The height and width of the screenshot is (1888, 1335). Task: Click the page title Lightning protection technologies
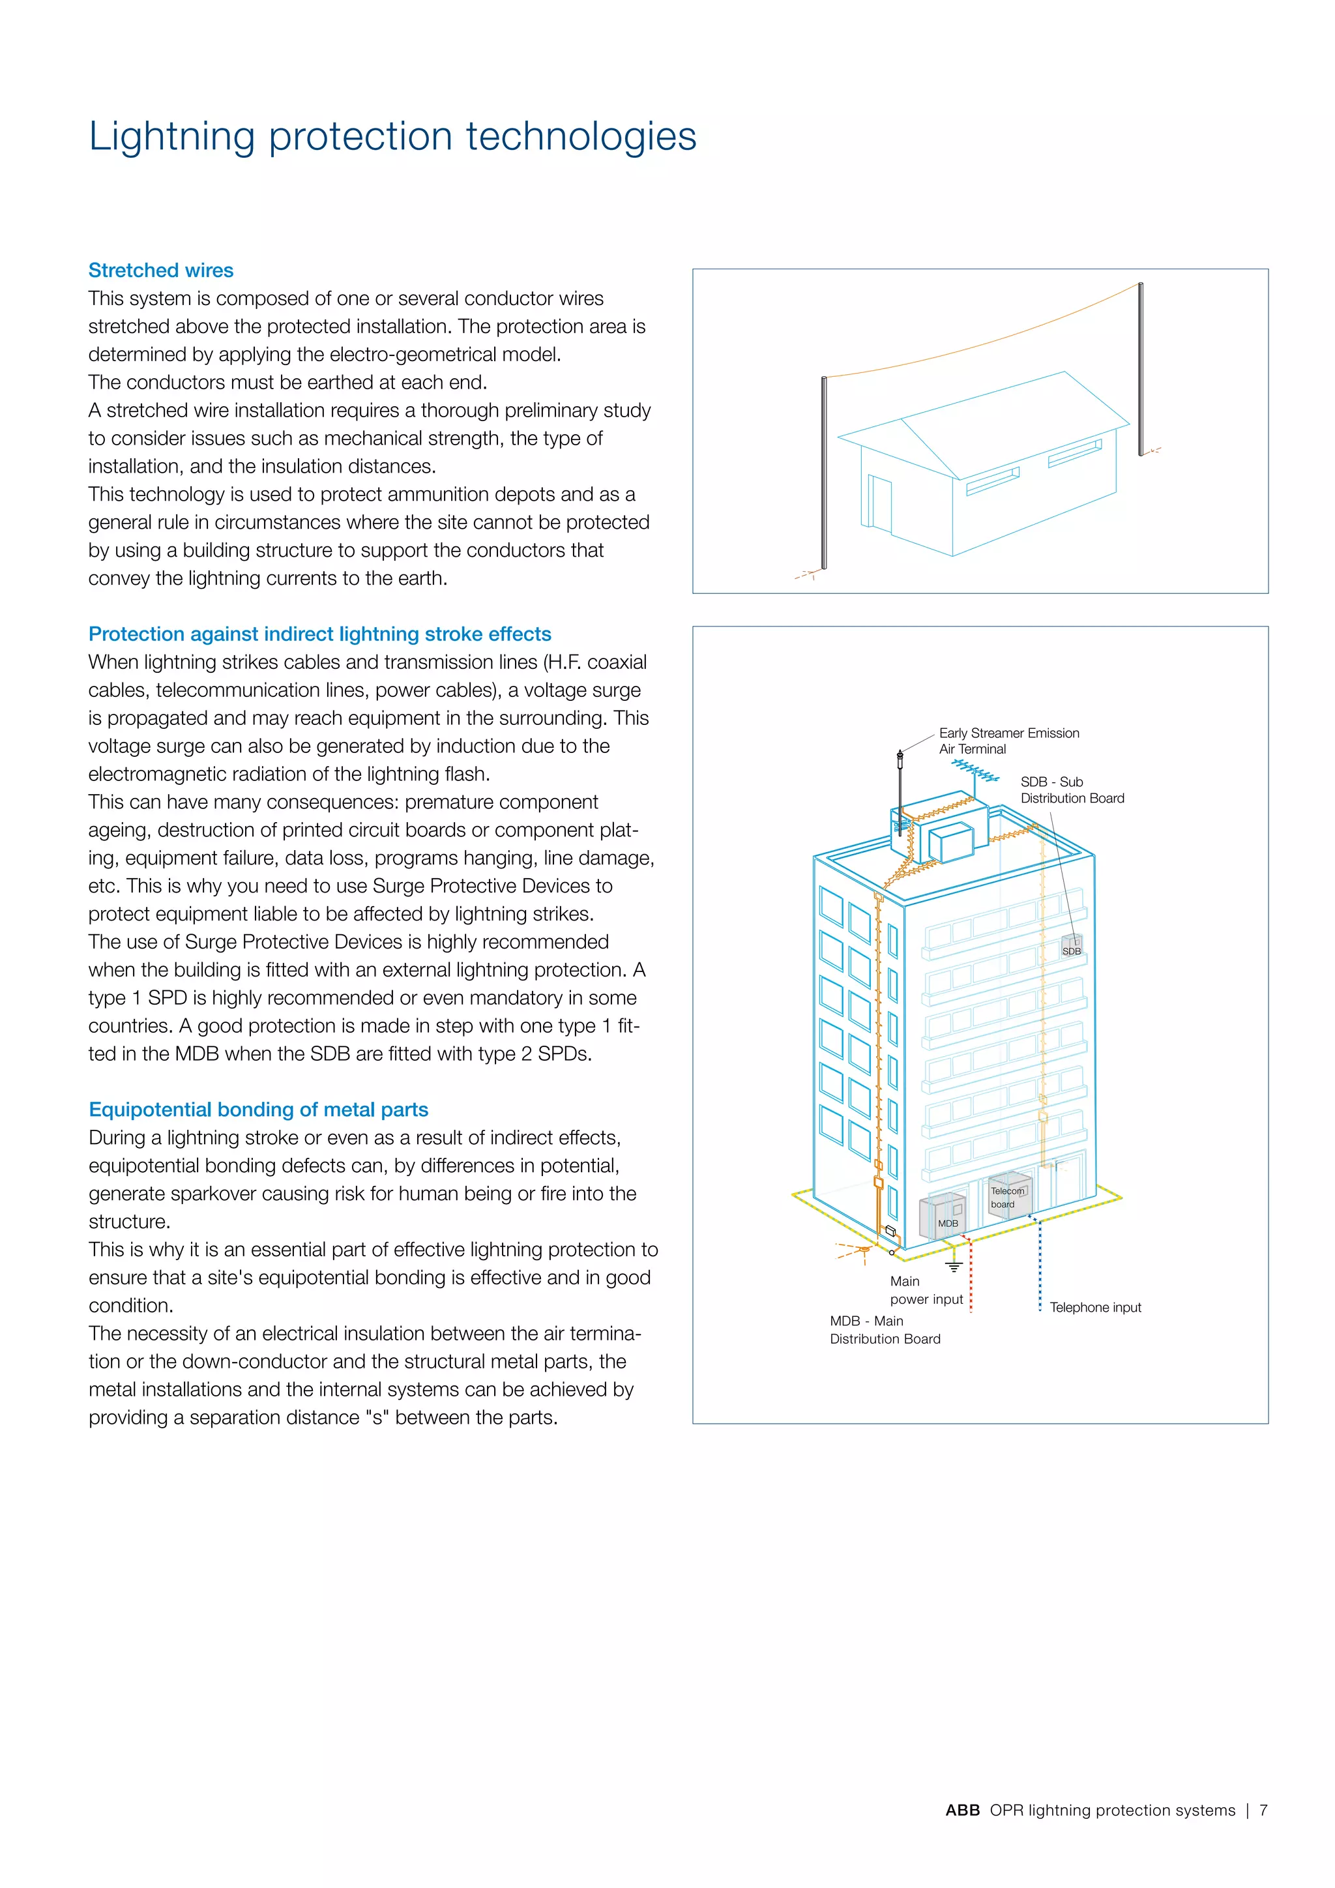pyautogui.click(x=392, y=136)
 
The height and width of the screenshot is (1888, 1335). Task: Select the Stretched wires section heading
pyautogui.click(x=161, y=271)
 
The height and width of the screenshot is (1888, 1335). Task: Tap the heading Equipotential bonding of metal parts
pyautogui.click(x=258, y=1110)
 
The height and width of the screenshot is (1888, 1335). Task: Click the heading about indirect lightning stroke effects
pyautogui.click(x=320, y=634)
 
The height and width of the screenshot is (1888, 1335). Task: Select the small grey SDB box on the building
pyautogui.click(x=1071, y=947)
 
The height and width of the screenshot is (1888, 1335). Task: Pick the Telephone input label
pyautogui.click(x=1095, y=1308)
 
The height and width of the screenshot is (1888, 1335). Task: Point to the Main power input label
pyautogui.click(x=925, y=1290)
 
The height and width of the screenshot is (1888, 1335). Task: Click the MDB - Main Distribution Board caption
pyautogui.click(x=885, y=1330)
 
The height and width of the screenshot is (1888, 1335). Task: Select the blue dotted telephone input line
pyautogui.click(x=1040, y=1266)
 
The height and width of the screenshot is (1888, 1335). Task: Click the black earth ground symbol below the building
pyautogui.click(x=954, y=1267)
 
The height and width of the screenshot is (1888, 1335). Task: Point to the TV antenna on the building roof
pyautogui.click(x=975, y=771)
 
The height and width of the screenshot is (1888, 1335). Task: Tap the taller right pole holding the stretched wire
pyautogui.click(x=1141, y=370)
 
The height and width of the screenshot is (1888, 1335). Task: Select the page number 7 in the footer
pyautogui.click(x=1263, y=1810)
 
